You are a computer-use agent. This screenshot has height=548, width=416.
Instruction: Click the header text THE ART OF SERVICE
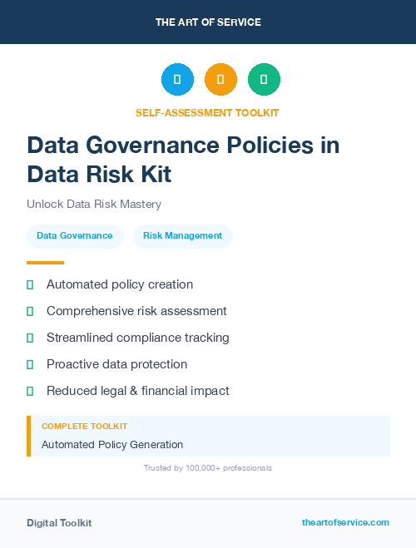pyautogui.click(x=208, y=22)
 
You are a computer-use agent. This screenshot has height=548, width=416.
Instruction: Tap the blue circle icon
pyautogui.click(x=177, y=80)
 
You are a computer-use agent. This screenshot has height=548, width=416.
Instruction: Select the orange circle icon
pyautogui.click(x=220, y=80)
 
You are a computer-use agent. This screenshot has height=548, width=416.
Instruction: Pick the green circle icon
pyautogui.click(x=264, y=80)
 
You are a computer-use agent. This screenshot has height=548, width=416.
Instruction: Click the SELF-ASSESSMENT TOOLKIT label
pyautogui.click(x=207, y=112)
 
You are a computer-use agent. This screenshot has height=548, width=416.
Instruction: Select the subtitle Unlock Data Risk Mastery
pyautogui.click(x=93, y=204)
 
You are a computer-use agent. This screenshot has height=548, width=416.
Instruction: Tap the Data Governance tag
pyautogui.click(x=75, y=236)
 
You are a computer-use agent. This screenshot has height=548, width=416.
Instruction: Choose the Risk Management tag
pyautogui.click(x=182, y=236)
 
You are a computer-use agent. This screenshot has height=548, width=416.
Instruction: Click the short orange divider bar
pyautogui.click(x=45, y=263)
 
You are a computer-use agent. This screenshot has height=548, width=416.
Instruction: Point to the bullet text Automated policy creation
pyautogui.click(x=120, y=284)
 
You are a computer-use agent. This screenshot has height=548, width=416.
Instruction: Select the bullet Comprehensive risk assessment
pyautogui.click(x=136, y=311)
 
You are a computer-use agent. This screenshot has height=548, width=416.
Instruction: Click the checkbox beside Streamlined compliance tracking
pyautogui.click(x=30, y=338)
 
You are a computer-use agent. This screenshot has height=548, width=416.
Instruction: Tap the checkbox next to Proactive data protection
pyautogui.click(x=30, y=364)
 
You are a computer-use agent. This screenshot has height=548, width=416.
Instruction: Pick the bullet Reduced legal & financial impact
pyautogui.click(x=137, y=391)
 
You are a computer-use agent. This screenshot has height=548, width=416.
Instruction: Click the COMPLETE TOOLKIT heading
pyautogui.click(x=84, y=427)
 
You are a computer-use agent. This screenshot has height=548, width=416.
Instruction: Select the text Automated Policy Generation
pyautogui.click(x=112, y=445)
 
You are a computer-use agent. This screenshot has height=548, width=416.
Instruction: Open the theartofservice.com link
pyautogui.click(x=345, y=522)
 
